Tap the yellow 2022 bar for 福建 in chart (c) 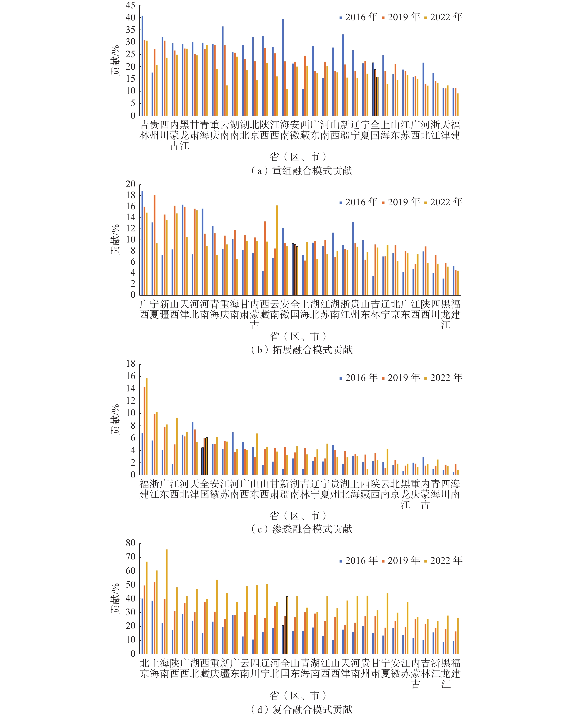click(146, 427)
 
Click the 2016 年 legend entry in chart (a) click(359, 17)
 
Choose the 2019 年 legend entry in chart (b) click(401, 202)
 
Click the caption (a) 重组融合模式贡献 click(302, 171)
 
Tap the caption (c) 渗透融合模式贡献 click(302, 529)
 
